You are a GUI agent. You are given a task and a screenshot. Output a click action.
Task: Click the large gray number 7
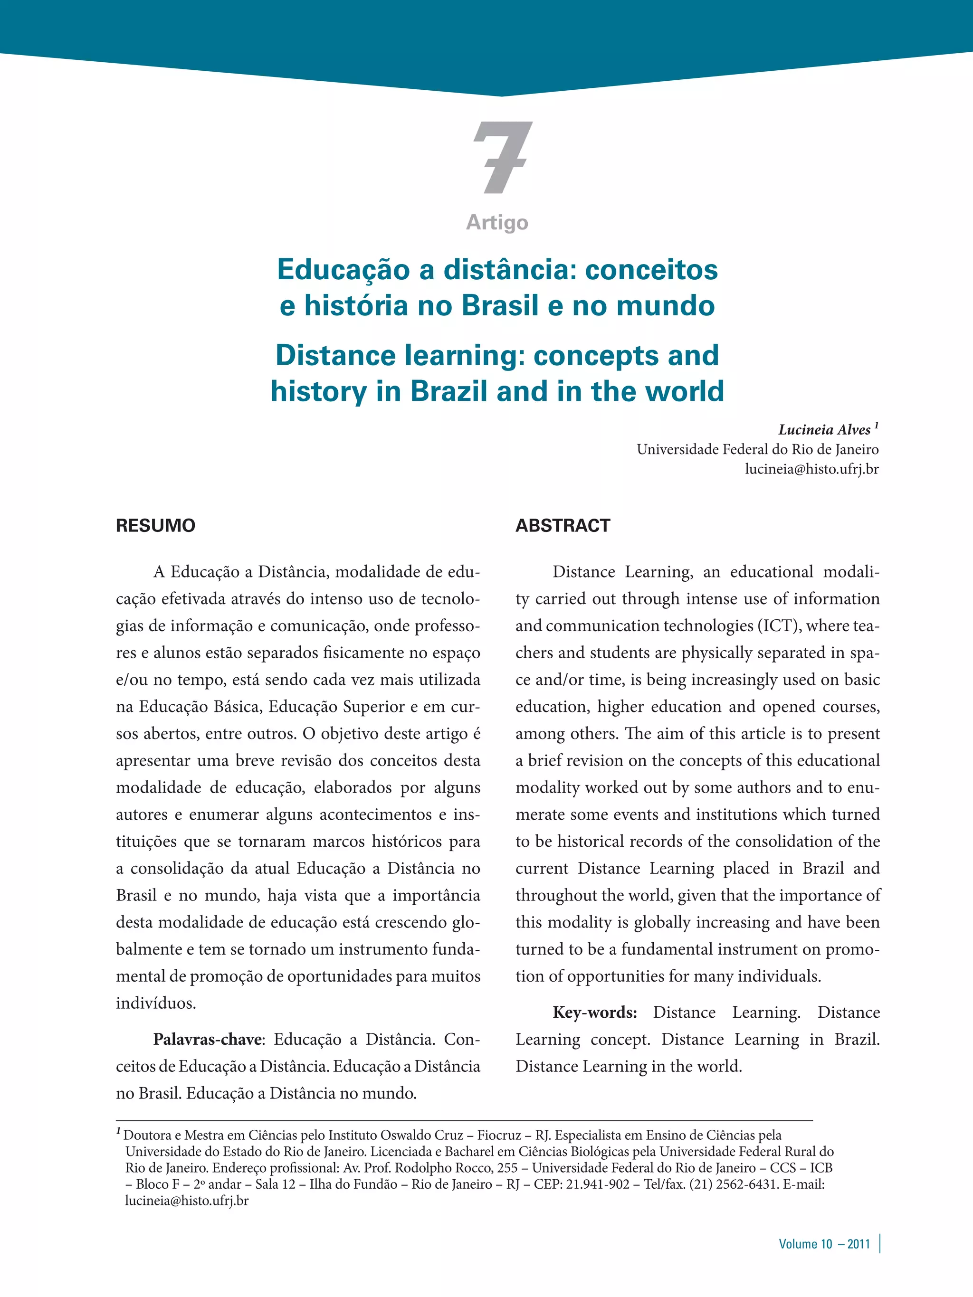coord(502,157)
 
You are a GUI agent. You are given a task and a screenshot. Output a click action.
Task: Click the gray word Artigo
coord(497,222)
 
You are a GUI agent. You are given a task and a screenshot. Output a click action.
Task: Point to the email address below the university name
coord(812,469)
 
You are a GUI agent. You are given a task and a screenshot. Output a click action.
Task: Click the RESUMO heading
coord(155,525)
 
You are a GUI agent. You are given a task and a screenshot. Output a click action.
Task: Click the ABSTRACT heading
coord(563,525)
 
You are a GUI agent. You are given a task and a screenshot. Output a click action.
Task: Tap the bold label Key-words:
coord(595,1013)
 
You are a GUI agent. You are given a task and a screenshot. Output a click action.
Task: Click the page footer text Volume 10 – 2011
coord(824,1244)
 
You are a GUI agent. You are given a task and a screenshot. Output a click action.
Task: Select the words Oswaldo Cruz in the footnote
coord(422,1135)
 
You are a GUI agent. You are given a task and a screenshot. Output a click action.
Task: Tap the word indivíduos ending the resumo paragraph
coord(155,1003)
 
